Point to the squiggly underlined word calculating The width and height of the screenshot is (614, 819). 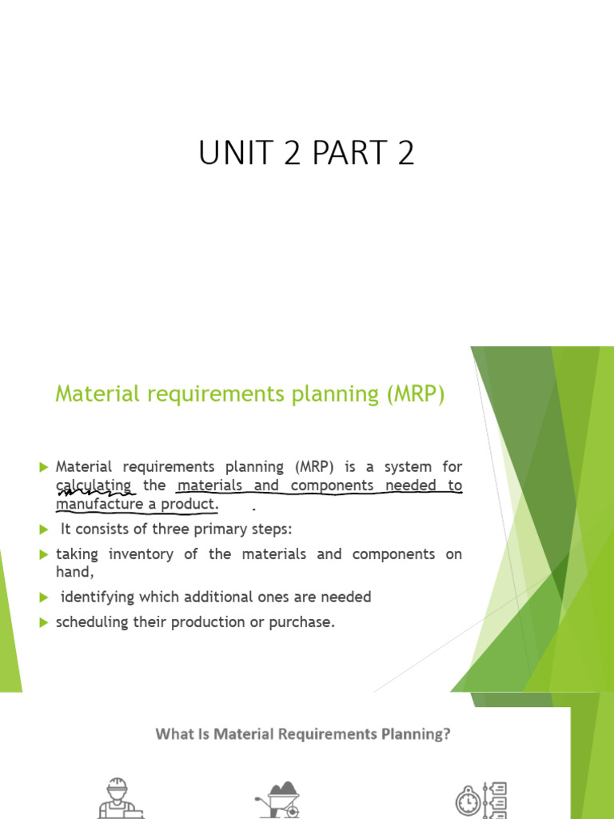pyautogui.click(x=94, y=485)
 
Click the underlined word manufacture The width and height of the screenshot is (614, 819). pyautogui.click(x=94, y=505)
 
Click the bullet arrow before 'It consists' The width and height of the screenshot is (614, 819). pyautogui.click(x=43, y=529)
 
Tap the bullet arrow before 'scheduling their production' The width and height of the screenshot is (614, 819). pyautogui.click(x=43, y=622)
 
